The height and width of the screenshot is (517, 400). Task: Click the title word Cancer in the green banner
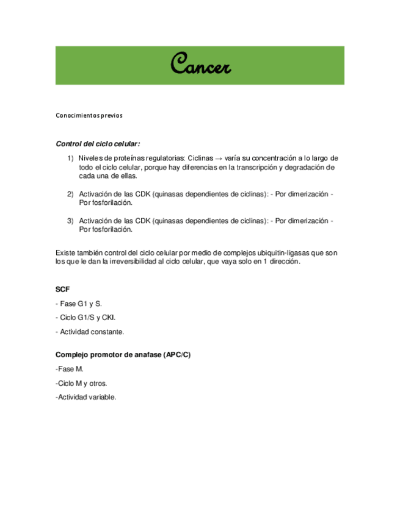[200, 63]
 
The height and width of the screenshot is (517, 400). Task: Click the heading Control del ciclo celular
[98, 144]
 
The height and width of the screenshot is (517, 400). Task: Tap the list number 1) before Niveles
[71, 158]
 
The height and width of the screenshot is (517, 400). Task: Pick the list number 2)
[71, 194]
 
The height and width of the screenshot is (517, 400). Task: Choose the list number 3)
[71, 221]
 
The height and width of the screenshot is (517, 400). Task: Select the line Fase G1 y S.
[77, 303]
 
